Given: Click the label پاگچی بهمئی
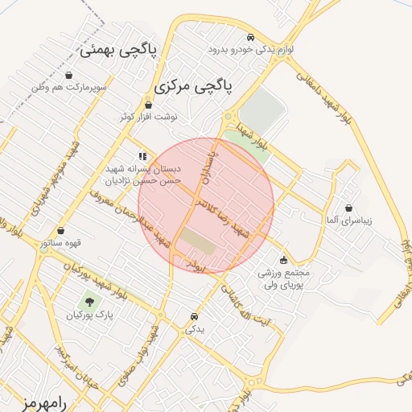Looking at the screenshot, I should (119, 50).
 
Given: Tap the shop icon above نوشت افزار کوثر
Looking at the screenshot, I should (148, 105).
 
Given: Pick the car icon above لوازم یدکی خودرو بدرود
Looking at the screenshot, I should (251, 38).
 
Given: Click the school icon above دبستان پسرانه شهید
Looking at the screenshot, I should (142, 156).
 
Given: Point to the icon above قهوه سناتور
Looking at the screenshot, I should (60, 230).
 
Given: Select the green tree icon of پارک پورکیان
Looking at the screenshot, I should (89, 303).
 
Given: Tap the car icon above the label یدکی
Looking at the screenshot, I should (195, 316).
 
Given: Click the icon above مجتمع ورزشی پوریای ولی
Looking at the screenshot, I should (283, 259).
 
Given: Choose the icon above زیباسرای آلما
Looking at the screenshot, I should (348, 207).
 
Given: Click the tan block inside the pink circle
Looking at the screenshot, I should (195, 240).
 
